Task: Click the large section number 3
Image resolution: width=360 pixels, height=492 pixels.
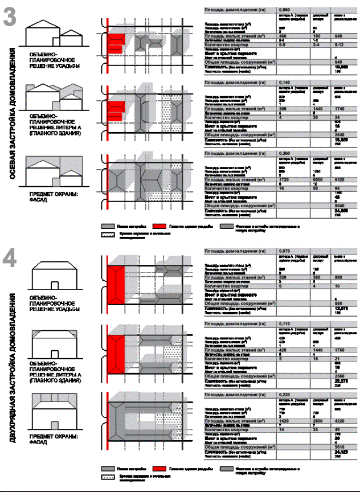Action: [x=9, y=17]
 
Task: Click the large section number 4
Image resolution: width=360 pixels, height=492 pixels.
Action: [x=9, y=259]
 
